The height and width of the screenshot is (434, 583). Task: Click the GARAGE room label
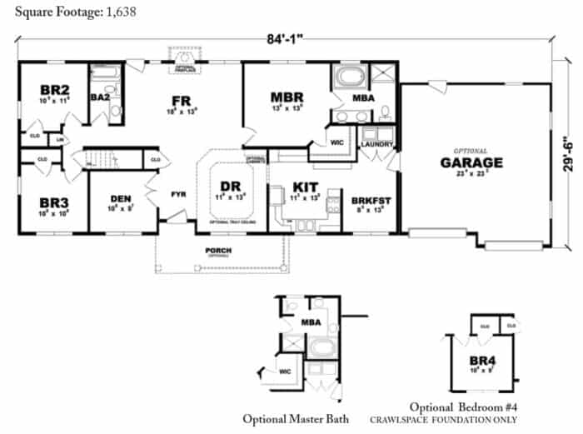(x=471, y=162)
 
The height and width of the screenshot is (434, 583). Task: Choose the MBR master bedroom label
(x=285, y=96)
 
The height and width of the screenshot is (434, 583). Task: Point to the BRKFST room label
(x=366, y=201)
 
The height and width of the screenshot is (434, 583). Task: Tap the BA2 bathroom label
(x=99, y=97)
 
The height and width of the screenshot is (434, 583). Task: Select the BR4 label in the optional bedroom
(x=483, y=360)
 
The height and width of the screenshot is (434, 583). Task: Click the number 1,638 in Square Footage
(x=119, y=12)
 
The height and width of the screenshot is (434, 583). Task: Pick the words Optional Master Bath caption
(x=296, y=418)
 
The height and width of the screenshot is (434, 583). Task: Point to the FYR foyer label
(x=178, y=194)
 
